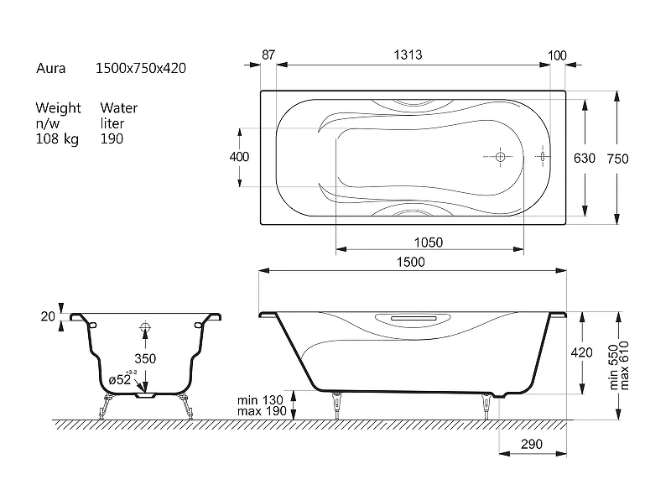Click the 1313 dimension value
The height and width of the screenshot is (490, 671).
click(x=408, y=55)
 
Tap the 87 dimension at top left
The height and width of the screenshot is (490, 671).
click(x=268, y=55)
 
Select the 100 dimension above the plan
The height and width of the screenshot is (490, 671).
click(x=557, y=55)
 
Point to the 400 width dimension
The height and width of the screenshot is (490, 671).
click(x=239, y=157)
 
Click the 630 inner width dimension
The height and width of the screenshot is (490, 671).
click(x=585, y=159)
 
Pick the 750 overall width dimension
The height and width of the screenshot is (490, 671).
click(x=617, y=159)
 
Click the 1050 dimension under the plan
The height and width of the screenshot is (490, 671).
click(x=429, y=242)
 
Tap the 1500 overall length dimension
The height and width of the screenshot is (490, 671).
click(x=411, y=262)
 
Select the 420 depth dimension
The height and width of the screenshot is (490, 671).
click(x=581, y=352)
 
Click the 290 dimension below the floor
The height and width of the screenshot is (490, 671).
click(x=532, y=444)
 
